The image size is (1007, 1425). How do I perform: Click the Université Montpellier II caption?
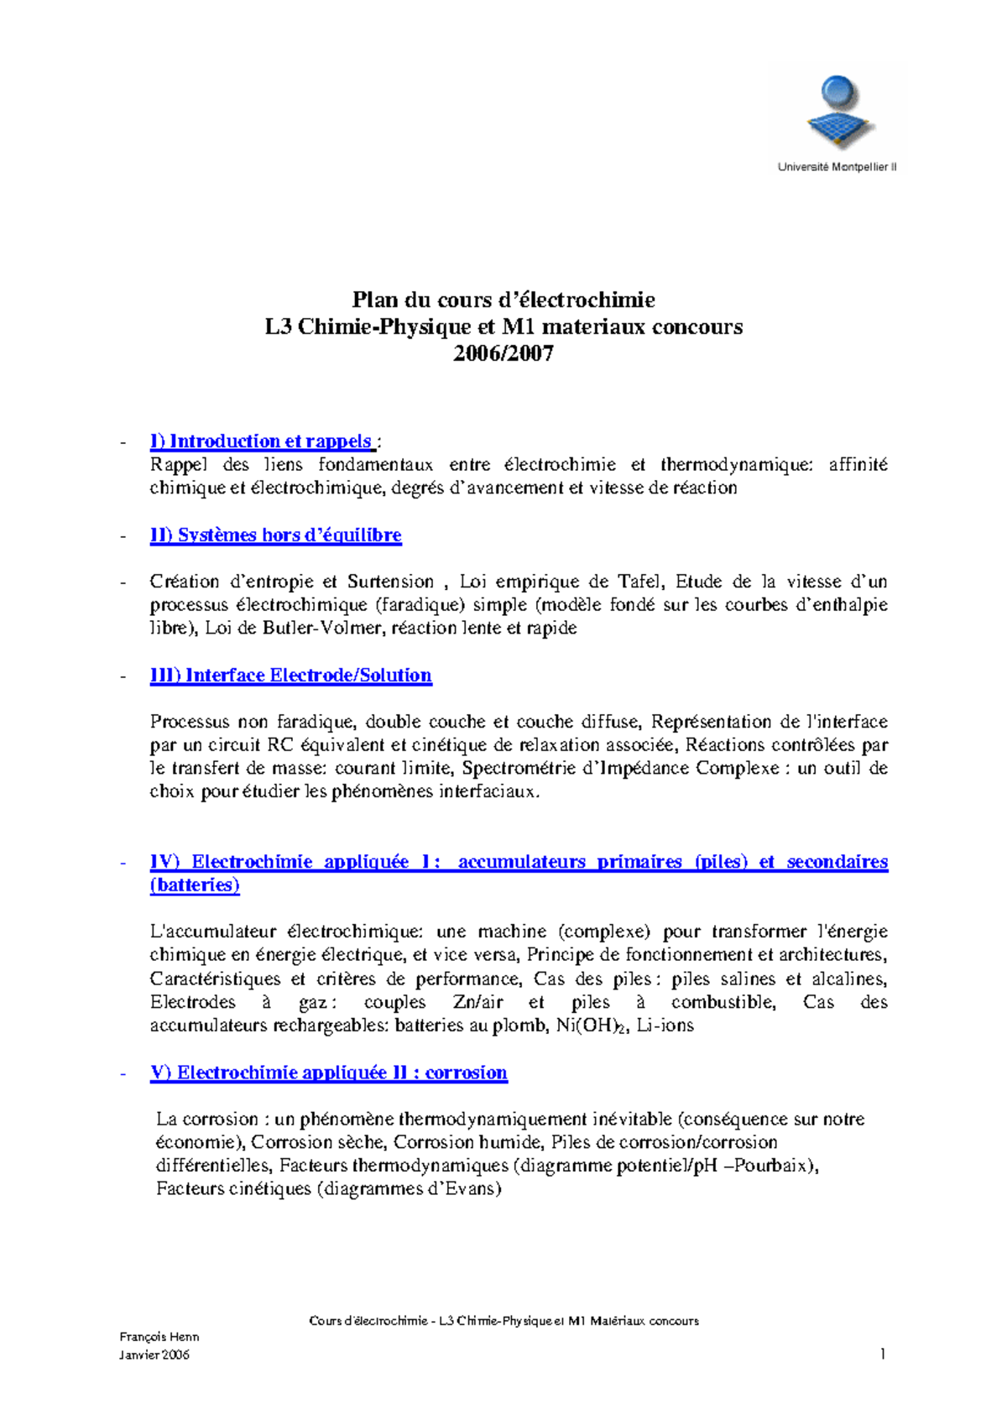(837, 167)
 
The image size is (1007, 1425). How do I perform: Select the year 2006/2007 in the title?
(503, 353)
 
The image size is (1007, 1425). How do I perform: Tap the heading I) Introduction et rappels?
(261, 441)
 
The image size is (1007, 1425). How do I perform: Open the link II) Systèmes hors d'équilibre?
(275, 535)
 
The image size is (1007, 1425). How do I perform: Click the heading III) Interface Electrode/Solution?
(290, 676)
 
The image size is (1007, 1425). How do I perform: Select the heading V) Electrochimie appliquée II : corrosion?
(328, 1073)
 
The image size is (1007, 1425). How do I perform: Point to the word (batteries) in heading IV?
(195, 885)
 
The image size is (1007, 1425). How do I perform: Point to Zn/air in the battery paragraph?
(477, 1002)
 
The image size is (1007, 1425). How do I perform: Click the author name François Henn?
(159, 1337)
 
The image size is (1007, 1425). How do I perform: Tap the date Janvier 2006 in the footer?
(154, 1355)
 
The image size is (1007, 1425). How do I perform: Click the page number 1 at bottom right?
(883, 1353)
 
